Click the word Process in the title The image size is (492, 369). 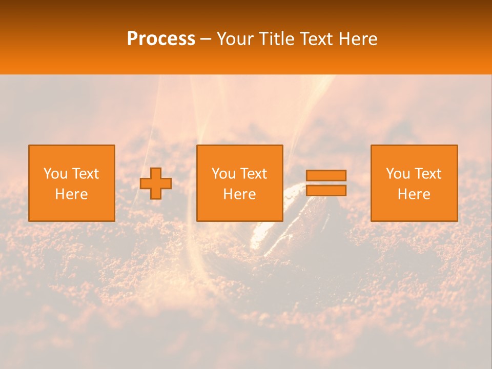click(161, 39)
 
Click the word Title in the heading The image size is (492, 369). click(276, 39)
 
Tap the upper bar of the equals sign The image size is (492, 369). click(326, 175)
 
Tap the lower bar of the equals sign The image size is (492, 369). click(326, 190)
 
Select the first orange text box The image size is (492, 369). click(71, 183)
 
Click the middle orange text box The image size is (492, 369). click(239, 183)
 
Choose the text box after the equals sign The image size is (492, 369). click(414, 183)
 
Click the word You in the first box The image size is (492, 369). click(55, 174)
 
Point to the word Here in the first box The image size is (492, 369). click(71, 194)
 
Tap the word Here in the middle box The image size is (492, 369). click(239, 194)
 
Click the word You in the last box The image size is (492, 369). click(398, 174)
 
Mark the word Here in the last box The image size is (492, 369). click(414, 194)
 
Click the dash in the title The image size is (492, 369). click(206, 39)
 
